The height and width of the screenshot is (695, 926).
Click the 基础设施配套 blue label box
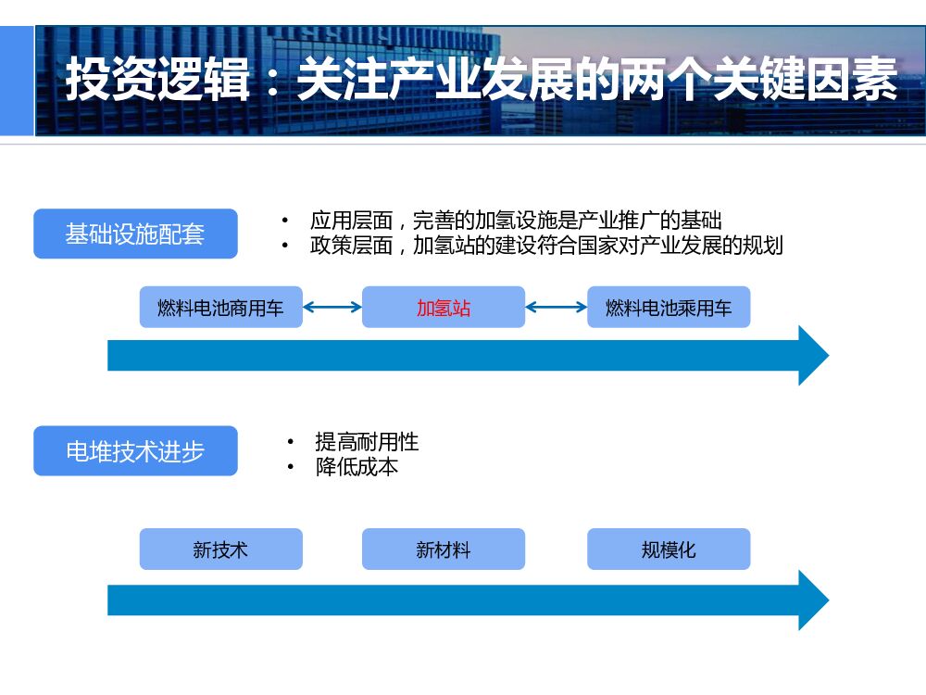pyautogui.click(x=135, y=234)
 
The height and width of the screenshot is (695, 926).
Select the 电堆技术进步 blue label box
pyautogui.click(x=135, y=451)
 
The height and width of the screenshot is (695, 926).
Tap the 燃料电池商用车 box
pyautogui.click(x=220, y=308)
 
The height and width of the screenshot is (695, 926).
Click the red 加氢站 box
pyautogui.click(x=443, y=308)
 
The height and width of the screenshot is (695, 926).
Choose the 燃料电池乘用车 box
pyautogui.click(x=668, y=308)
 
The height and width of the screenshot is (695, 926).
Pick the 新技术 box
pyautogui.click(x=220, y=550)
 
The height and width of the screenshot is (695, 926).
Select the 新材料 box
pyautogui.click(x=443, y=550)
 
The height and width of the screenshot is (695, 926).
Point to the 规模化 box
pyautogui.click(x=668, y=550)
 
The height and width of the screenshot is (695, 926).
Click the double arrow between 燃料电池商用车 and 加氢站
pyautogui.click(x=332, y=308)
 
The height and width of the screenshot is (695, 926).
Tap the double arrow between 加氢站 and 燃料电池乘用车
pyautogui.click(x=557, y=308)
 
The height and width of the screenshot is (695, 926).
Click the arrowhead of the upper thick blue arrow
pyautogui.click(x=812, y=355)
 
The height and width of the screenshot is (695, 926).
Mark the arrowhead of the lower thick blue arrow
pyautogui.click(x=812, y=600)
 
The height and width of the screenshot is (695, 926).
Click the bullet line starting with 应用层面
pyautogui.click(x=515, y=221)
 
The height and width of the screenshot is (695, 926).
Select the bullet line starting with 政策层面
pyautogui.click(x=546, y=246)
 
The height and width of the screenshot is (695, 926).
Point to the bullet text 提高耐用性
pyautogui.click(x=367, y=443)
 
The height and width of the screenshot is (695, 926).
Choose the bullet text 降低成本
pyautogui.click(x=357, y=467)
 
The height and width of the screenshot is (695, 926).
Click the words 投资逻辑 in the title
pyautogui.click(x=157, y=82)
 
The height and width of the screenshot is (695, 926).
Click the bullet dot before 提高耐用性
pyautogui.click(x=291, y=443)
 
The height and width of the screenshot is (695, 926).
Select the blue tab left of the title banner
pyautogui.click(x=16, y=81)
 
